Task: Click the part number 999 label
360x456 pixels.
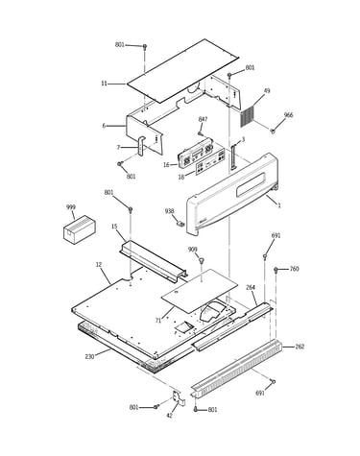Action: click(71, 207)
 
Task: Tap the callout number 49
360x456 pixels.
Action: click(267, 91)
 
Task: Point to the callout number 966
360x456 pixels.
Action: click(288, 115)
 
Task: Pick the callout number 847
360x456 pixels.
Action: click(203, 119)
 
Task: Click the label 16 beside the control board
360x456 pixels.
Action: click(166, 165)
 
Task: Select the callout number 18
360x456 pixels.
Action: click(181, 177)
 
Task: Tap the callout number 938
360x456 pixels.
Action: click(169, 211)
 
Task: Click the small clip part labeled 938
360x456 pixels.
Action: click(181, 223)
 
